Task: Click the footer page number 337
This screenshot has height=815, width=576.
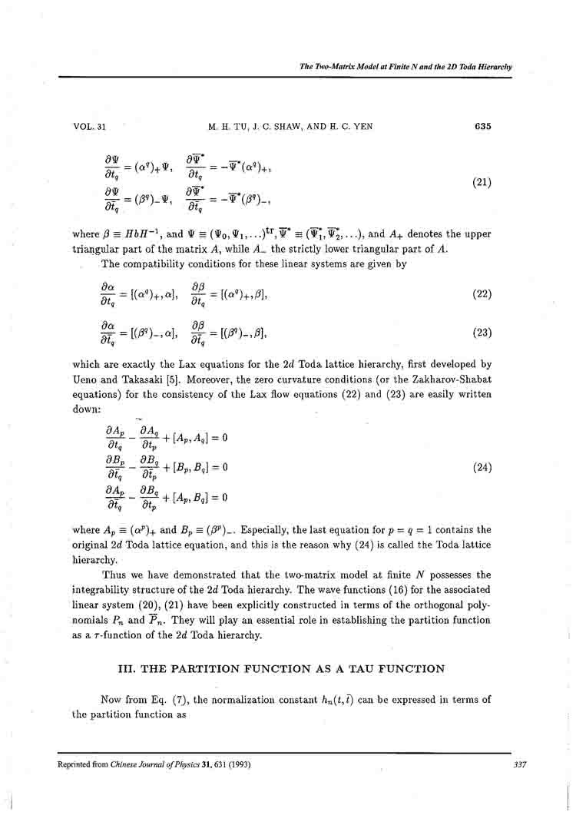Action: [x=504, y=764]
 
